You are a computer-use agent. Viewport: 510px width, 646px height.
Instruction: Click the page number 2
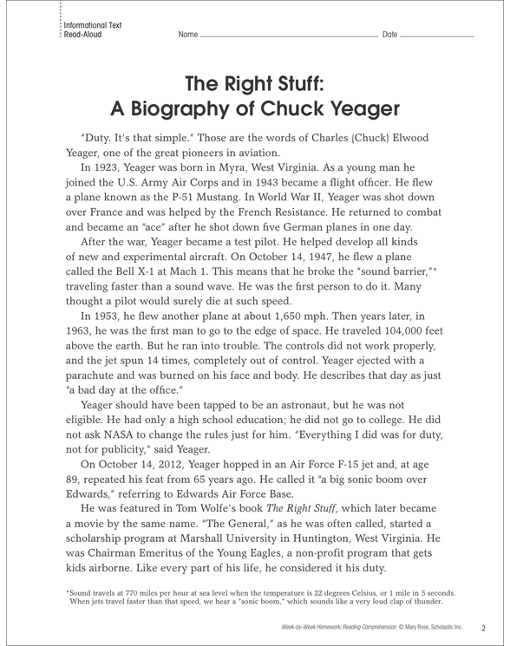484,626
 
